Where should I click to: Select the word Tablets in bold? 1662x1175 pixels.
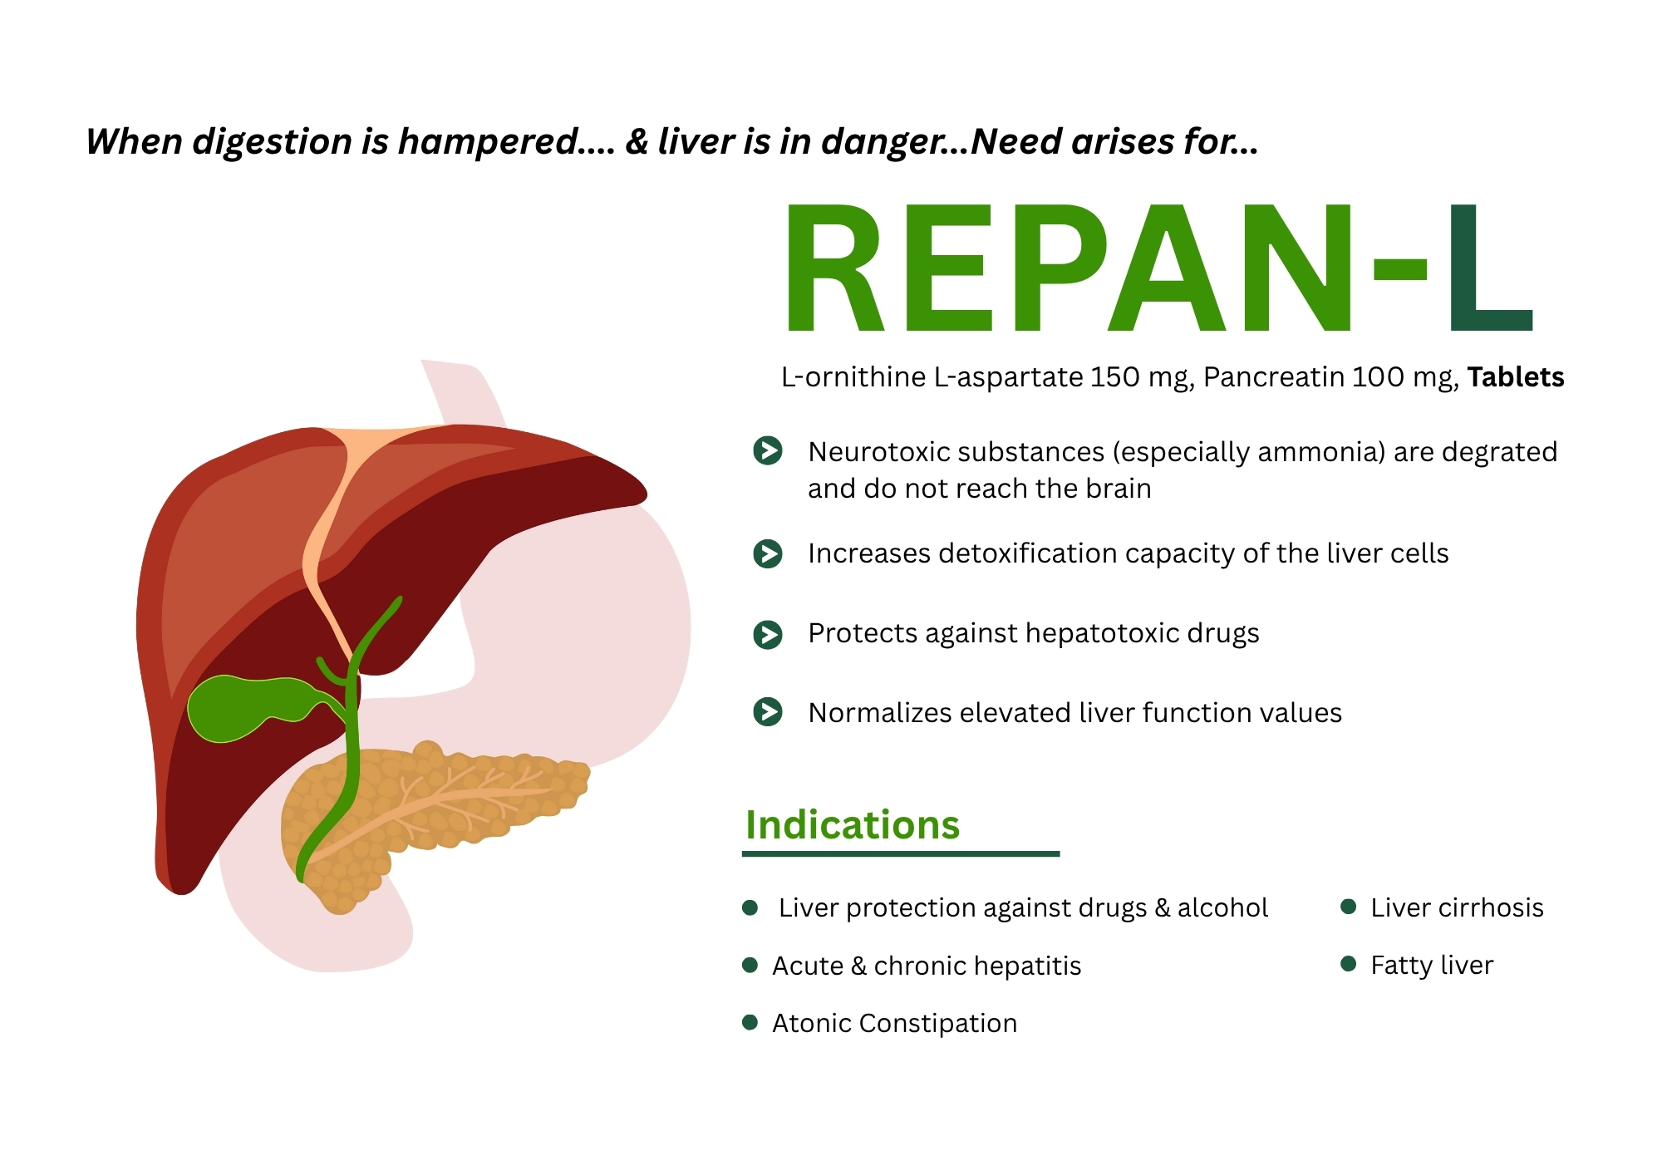tap(1515, 377)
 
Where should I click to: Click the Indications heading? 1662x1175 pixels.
tap(853, 825)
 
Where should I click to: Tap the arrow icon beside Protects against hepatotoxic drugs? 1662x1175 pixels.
tap(768, 634)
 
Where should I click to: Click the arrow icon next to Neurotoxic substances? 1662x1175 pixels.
tap(768, 450)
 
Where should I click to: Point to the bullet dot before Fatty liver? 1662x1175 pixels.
tap(1349, 964)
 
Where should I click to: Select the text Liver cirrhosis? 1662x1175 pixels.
tap(1457, 907)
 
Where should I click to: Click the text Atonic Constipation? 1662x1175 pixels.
tap(894, 1023)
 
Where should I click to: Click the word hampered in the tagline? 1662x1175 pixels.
tap(489, 142)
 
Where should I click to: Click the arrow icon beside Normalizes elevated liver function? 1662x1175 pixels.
tap(768, 712)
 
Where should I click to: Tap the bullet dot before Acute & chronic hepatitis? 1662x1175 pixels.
tap(750, 965)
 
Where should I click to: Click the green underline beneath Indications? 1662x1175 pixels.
tap(901, 853)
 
